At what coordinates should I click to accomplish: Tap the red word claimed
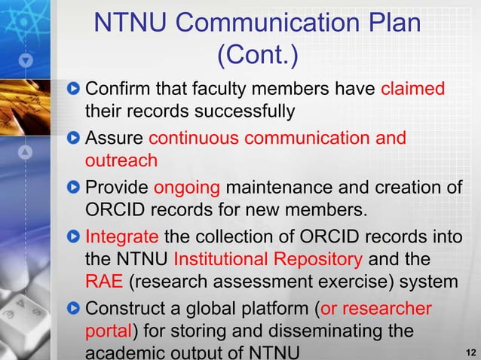[413, 90]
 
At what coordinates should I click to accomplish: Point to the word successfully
[241, 113]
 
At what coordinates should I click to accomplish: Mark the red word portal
[109, 332]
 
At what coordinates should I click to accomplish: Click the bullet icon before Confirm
[73, 90]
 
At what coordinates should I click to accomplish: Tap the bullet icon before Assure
[73, 139]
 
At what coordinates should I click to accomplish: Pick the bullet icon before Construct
[73, 308]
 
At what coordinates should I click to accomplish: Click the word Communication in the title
[250, 23]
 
